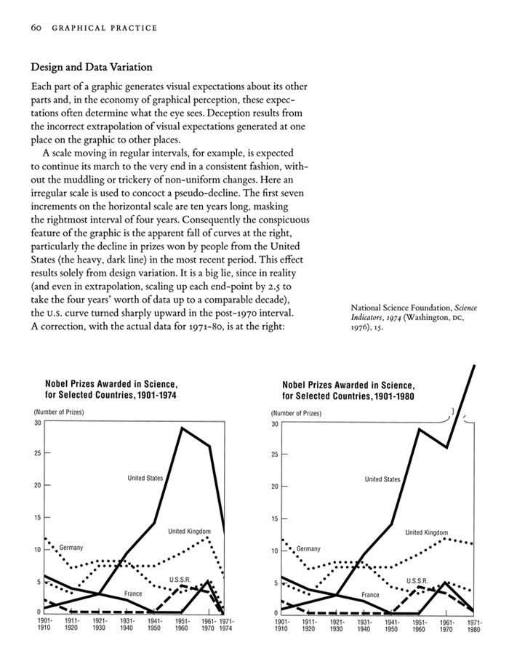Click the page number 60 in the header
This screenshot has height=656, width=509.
point(36,28)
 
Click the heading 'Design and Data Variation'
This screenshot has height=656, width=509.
point(92,68)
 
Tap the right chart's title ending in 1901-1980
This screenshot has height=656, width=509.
point(348,391)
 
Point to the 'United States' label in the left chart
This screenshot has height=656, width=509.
point(145,478)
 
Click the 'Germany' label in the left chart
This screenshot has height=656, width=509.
point(71,547)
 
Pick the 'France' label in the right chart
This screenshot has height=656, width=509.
point(371,595)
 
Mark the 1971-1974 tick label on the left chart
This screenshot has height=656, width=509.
point(227,625)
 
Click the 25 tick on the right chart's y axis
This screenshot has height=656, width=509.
point(276,455)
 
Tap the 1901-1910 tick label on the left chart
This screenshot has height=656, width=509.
point(44,625)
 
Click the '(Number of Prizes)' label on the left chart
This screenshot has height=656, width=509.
point(59,412)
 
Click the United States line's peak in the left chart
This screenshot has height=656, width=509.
point(182,428)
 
